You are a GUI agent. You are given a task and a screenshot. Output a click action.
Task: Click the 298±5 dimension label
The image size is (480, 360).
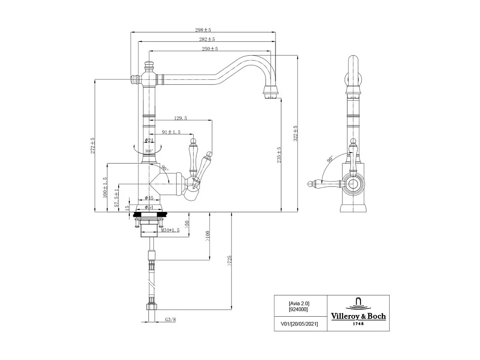point(203,30)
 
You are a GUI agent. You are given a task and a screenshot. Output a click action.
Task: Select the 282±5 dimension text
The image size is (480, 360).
point(207,39)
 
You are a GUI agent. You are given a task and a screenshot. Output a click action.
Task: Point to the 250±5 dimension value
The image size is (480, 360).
point(210,49)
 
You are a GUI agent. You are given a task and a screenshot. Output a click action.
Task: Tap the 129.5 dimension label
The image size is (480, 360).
point(180,118)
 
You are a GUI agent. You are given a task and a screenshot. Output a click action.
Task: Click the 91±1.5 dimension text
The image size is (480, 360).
point(171,132)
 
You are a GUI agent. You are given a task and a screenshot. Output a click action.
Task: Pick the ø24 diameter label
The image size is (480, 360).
point(149,140)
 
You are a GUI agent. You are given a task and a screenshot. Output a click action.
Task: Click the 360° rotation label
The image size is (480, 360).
point(149,151)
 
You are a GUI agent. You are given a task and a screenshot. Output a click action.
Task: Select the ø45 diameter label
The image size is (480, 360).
point(149,198)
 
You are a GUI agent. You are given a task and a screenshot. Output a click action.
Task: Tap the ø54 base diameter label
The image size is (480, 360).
point(149,207)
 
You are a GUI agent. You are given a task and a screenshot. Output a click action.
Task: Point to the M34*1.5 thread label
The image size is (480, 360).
point(170,230)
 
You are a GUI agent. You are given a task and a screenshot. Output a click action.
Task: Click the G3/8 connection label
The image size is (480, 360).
point(170,319)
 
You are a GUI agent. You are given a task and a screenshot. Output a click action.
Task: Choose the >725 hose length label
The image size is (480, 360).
point(229,261)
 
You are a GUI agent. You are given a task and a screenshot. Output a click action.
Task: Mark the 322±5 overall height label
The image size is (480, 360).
point(296,133)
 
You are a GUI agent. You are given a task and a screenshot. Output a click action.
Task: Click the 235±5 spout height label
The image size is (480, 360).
point(279,155)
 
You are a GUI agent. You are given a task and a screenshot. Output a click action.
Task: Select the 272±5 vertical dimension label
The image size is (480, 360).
point(93,146)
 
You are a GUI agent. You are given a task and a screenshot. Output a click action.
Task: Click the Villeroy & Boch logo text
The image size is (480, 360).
point(358,316)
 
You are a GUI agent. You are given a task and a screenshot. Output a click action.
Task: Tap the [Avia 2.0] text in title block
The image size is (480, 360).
point(299,303)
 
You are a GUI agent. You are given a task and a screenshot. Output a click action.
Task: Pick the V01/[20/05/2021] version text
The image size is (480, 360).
point(299,324)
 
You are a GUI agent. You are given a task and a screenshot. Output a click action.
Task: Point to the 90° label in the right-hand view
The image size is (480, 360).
point(330,159)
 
